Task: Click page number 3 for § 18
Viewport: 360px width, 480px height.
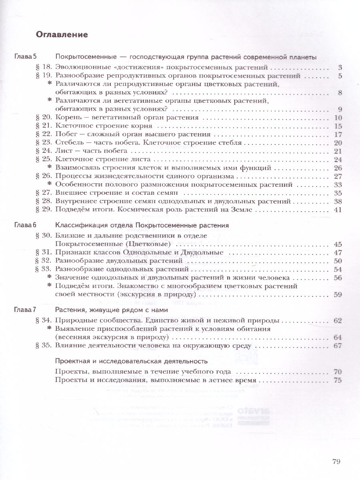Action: pos(339,67)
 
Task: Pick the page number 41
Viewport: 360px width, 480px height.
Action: pos(337,210)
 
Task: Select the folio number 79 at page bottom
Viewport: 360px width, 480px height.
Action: pos(336,462)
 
